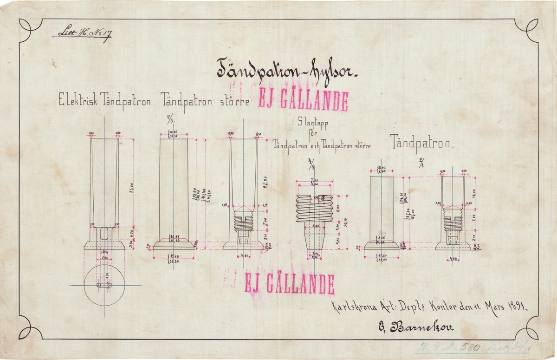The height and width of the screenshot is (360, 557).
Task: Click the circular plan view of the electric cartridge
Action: point(105,285)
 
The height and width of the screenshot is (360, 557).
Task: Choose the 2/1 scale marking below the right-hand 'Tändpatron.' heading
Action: point(423,163)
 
